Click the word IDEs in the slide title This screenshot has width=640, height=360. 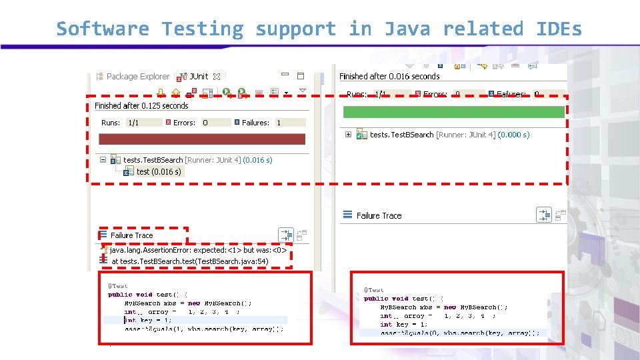[x=559, y=29]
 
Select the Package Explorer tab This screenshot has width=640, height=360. [x=137, y=77]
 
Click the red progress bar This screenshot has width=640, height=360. [x=202, y=139]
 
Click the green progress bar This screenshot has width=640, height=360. [x=453, y=112]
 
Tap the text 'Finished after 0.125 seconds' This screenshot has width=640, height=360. [x=141, y=106]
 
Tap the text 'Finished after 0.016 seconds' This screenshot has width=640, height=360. [x=389, y=77]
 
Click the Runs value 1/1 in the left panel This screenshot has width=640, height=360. [x=133, y=123]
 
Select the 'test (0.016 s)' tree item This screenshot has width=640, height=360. [x=158, y=172]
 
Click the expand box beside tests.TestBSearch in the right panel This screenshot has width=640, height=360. [x=348, y=135]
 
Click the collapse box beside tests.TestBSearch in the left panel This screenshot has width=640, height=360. [x=102, y=160]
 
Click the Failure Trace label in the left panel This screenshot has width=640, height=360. [x=131, y=235]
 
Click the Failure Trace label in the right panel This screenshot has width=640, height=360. [x=379, y=215]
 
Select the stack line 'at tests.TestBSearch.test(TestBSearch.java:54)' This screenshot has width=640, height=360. [x=189, y=261]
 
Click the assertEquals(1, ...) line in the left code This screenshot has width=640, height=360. [x=203, y=329]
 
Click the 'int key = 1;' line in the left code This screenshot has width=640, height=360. [x=148, y=320]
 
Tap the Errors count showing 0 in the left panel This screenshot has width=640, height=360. [x=205, y=123]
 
